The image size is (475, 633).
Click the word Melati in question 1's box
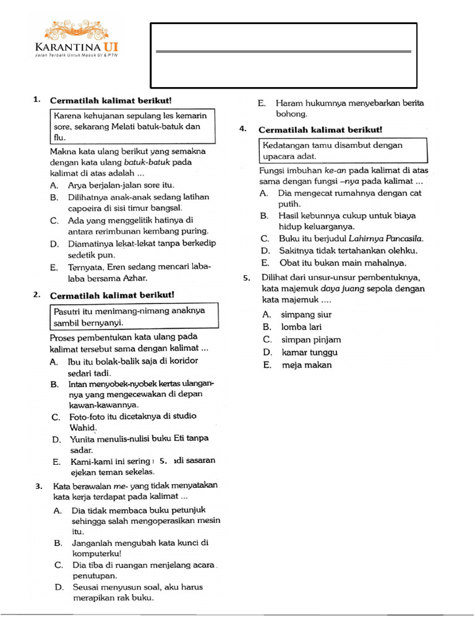[143, 127]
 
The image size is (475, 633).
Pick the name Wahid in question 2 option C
[82, 427]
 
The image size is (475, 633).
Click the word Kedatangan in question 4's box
[286, 145]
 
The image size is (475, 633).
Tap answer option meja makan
[306, 365]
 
